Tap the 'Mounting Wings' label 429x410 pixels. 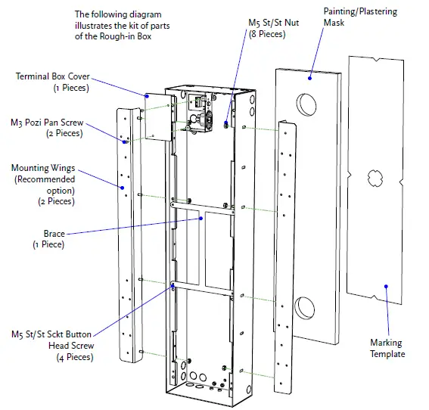[x=42, y=168]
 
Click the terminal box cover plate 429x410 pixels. [x=156, y=118]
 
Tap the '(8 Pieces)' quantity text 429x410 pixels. [x=273, y=35]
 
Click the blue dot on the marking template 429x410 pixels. [x=386, y=287]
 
